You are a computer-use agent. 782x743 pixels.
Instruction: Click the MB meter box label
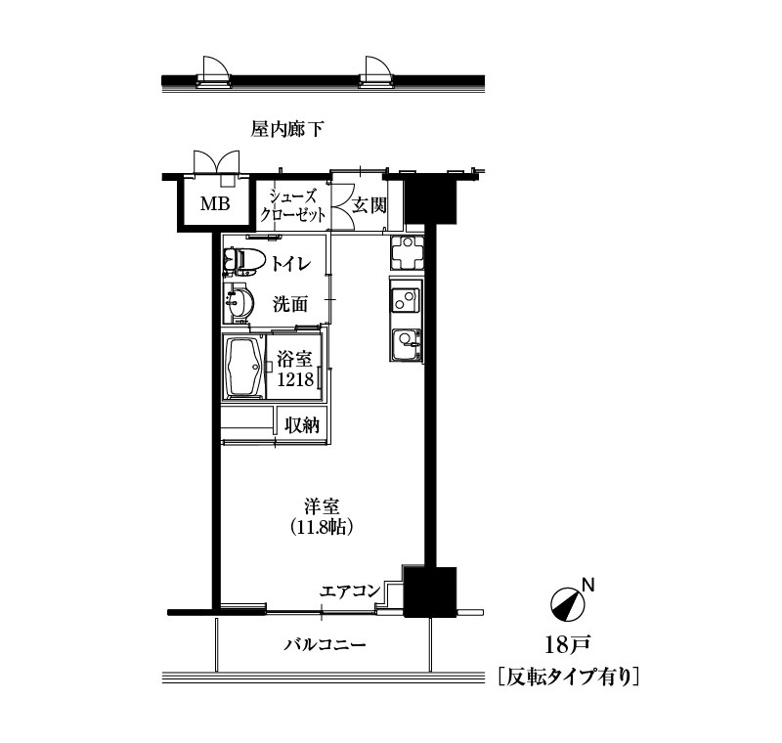coord(215,203)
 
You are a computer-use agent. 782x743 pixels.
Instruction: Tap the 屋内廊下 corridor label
coord(287,130)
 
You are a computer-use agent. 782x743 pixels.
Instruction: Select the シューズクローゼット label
coord(292,205)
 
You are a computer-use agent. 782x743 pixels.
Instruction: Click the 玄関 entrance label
coord(369,205)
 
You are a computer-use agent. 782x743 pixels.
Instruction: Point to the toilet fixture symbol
coord(240,261)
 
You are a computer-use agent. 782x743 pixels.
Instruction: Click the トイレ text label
coord(290,263)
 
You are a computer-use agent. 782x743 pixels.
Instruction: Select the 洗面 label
coord(290,304)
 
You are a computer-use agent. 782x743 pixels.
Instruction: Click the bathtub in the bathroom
coord(244,368)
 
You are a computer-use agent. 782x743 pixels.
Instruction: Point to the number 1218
coord(295,380)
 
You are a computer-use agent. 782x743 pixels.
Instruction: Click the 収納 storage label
coord(302,425)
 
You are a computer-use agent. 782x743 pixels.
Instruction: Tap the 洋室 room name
coord(323,506)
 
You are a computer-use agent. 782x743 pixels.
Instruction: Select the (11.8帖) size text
coord(323,527)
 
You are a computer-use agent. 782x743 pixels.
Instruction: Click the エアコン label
coord(350,591)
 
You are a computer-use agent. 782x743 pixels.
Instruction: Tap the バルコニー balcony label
coord(326,645)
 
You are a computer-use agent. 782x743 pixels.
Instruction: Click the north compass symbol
coord(568,605)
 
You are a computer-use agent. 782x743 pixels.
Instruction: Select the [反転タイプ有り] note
coord(569,677)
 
